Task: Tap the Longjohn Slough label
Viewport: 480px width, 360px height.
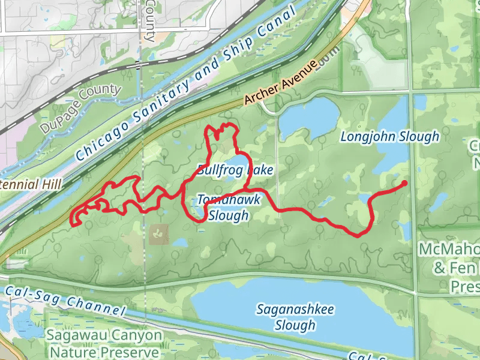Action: tap(390, 137)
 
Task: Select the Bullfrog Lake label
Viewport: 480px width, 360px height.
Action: tap(235, 170)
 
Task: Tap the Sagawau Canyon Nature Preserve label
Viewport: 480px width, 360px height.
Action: tap(106, 344)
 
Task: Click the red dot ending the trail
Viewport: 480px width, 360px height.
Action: tap(404, 183)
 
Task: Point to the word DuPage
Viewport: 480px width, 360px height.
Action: tap(58, 121)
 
